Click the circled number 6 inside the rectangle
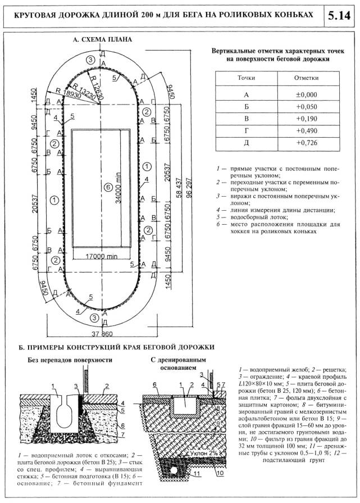click(x=108, y=187)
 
